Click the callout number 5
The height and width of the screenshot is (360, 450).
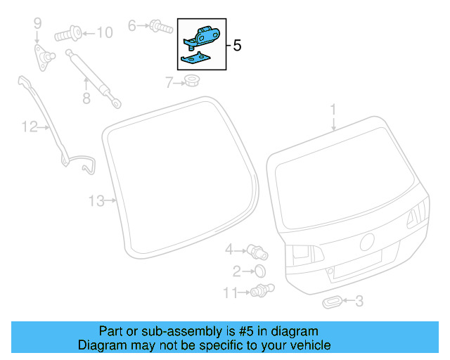(x=236, y=46)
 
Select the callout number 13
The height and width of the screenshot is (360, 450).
(x=96, y=201)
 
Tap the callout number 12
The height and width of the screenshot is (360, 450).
(x=29, y=127)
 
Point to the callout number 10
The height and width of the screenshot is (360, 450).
(x=103, y=32)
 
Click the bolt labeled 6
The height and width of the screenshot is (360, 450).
(x=160, y=27)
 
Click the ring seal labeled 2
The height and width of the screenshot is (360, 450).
(x=259, y=271)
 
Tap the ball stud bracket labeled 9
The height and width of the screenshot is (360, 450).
(x=45, y=55)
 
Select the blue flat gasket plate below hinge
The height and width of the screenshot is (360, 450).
(x=193, y=59)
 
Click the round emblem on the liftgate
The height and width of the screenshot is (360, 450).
(x=366, y=242)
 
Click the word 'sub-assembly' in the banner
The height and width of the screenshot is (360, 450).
(x=167, y=331)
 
